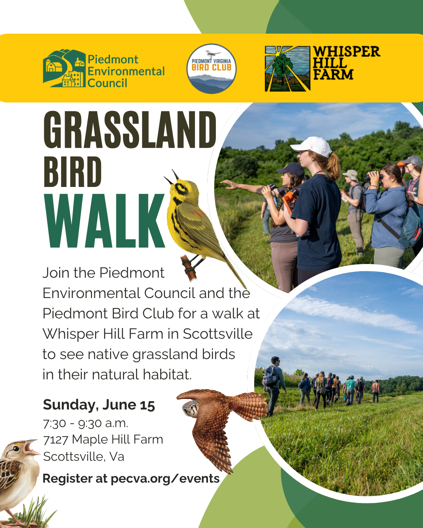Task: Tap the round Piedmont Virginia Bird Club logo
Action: [211, 69]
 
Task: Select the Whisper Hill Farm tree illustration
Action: [287, 69]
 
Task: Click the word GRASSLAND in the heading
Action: [130, 129]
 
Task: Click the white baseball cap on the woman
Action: [312, 147]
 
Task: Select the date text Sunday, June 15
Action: [99, 404]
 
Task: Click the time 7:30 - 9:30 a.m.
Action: [85, 424]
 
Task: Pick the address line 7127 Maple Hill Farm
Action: [103, 440]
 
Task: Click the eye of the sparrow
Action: [16, 449]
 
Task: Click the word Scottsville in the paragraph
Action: [217, 334]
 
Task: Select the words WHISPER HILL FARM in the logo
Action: [346, 63]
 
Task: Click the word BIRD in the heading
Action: [72, 172]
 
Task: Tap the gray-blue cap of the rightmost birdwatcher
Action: [411, 161]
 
